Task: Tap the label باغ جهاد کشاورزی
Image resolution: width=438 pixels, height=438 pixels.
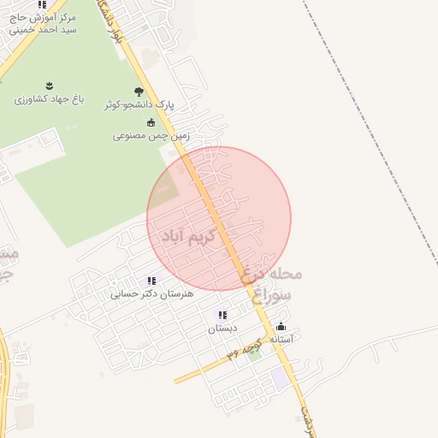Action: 49,99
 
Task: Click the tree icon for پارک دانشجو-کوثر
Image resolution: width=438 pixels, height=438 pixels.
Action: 139,92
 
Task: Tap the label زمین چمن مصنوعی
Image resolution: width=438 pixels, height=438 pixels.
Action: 151,135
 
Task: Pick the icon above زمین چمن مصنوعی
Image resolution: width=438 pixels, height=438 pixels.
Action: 151,122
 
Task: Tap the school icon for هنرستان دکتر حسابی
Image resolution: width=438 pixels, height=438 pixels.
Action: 151,281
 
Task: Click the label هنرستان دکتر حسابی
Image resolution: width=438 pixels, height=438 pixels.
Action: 152,293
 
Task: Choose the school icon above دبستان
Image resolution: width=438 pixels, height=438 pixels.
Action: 222,316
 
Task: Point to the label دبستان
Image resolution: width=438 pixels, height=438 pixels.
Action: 222,328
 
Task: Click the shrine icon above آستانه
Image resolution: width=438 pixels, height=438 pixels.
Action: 281,327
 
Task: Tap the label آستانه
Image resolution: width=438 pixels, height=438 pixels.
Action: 281,340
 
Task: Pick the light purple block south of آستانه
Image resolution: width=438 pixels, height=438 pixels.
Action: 281,379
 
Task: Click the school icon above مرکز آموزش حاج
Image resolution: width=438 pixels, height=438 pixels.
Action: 42,4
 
